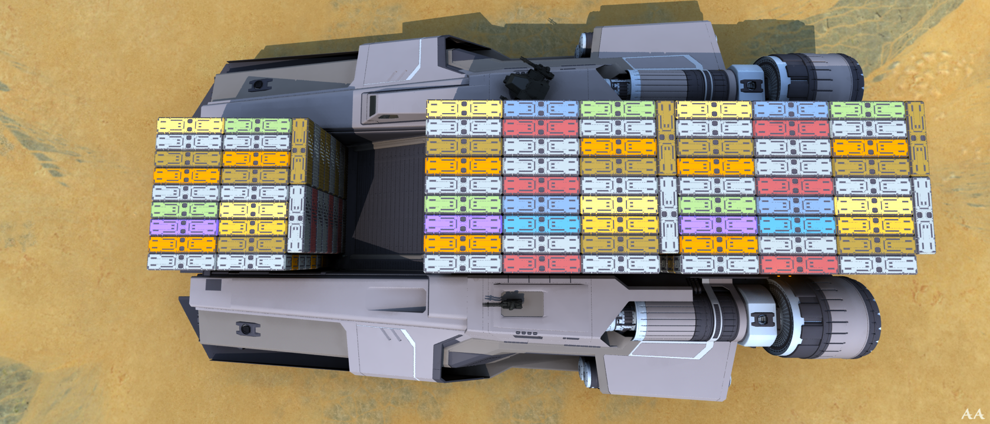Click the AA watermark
972,414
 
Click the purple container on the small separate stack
184,227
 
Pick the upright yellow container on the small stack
299,151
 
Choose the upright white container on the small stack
296,218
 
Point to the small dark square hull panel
213,284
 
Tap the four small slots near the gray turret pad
526,333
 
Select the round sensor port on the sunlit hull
248,329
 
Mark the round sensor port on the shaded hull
260,84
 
